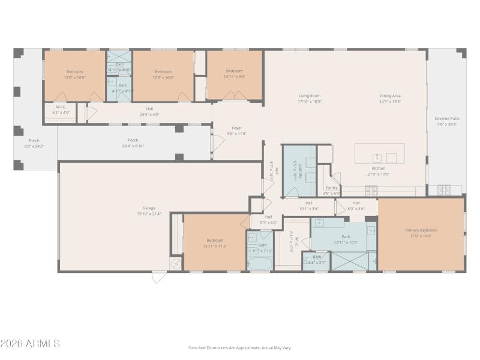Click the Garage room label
149,211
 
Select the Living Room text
310,98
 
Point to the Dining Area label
390,98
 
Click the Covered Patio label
447,121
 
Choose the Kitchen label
379,172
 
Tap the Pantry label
331,190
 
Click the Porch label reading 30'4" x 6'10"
133,143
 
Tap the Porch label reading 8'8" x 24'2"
34,143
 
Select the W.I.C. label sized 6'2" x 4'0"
61,109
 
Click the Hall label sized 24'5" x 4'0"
149,111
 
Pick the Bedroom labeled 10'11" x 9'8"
234,73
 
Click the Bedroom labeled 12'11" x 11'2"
214,243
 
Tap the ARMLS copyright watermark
30,344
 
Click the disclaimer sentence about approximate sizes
239,347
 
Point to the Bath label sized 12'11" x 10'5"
346,223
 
